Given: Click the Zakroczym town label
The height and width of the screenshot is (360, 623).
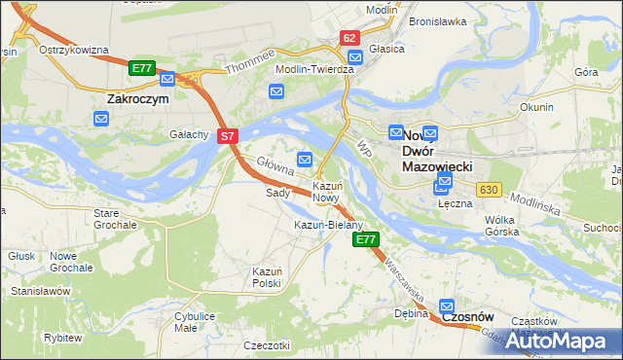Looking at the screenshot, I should (x=137, y=98).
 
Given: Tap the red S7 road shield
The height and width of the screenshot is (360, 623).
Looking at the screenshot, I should (x=226, y=137).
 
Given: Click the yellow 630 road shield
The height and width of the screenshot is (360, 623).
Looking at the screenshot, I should (x=488, y=189).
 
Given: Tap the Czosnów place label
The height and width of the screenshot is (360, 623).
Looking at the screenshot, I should (x=469, y=317).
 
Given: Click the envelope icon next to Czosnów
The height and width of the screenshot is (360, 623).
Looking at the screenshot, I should (x=447, y=306).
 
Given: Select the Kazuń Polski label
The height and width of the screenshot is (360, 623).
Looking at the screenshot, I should (x=267, y=276).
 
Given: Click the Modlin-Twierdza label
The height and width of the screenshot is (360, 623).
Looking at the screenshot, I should (x=315, y=70).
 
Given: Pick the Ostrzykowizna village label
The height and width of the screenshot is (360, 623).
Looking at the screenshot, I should (x=72, y=50).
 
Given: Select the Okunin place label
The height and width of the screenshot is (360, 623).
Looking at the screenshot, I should (x=536, y=107).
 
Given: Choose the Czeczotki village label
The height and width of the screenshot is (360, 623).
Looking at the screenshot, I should (x=267, y=345).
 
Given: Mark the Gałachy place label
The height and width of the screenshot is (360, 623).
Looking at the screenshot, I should (x=190, y=134).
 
